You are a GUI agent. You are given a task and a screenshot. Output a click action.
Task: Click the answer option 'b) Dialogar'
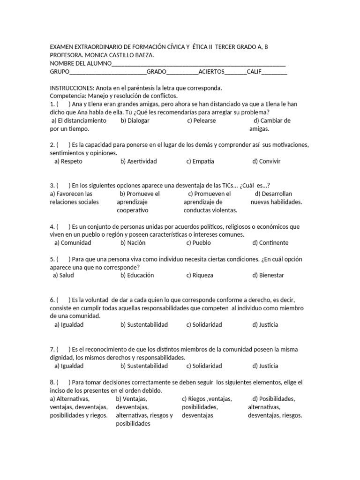click(135, 120)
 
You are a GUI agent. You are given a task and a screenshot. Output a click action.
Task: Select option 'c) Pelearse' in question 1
click(202, 120)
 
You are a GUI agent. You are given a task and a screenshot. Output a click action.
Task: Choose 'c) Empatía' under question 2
click(200, 161)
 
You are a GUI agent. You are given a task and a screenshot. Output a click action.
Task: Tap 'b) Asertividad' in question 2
click(139, 161)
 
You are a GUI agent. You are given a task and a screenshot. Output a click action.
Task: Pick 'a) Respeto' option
click(68, 161)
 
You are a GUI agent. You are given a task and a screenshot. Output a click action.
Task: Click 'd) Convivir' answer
click(266, 161)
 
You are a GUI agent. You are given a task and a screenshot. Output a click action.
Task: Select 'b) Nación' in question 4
click(133, 243)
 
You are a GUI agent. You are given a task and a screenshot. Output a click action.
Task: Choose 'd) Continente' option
click(270, 243)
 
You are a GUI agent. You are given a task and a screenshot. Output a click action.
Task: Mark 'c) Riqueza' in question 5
click(200, 275)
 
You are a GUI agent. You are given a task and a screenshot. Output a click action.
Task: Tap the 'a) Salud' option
click(64, 275)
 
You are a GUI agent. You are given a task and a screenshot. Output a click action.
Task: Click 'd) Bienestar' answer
click(268, 275)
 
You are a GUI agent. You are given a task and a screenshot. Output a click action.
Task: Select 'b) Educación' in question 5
click(137, 275)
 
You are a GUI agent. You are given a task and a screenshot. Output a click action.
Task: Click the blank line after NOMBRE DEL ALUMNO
click(199, 64)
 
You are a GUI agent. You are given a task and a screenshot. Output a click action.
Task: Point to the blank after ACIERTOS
click(235, 73)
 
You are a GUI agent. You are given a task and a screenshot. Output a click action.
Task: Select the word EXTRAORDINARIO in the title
click(97, 47)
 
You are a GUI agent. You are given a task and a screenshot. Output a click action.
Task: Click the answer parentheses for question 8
click(63, 382)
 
